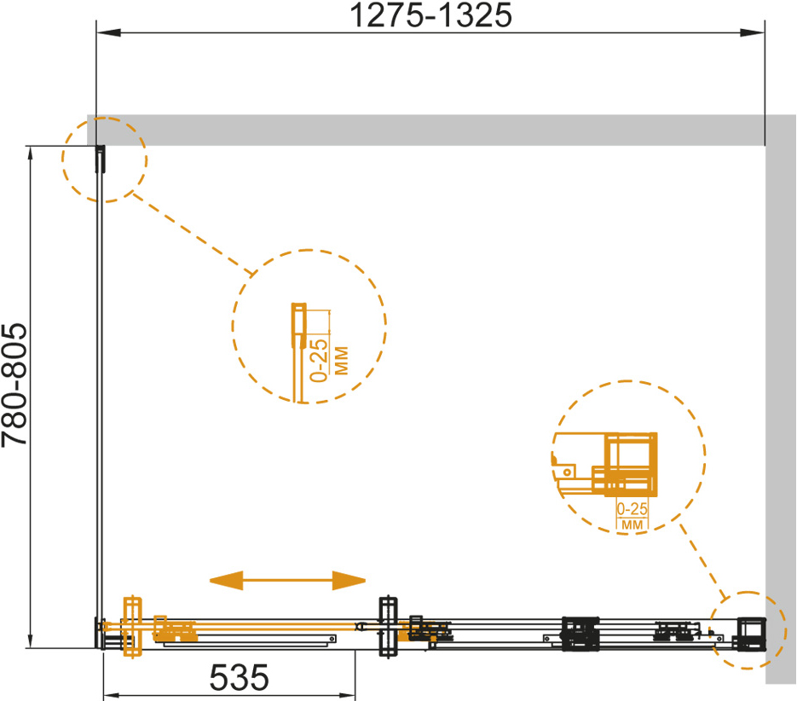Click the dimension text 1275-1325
point(431,15)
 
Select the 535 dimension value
point(239,678)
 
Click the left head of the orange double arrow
point(226,581)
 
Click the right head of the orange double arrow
point(349,581)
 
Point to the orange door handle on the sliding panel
point(133,627)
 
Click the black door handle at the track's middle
point(389,627)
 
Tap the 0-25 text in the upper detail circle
point(319,361)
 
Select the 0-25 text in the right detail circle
point(632,509)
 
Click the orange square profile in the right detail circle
point(630,464)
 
